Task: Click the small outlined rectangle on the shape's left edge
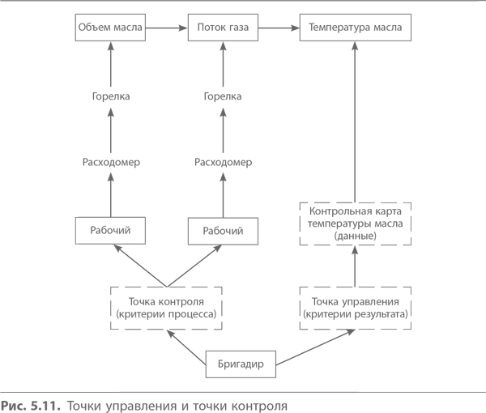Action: [x=76, y=230]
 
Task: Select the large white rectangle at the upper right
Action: [x=421, y=121]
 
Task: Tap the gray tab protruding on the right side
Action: [x=385, y=264]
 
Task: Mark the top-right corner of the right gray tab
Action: [x=411, y=202]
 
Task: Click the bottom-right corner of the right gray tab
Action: [x=411, y=328]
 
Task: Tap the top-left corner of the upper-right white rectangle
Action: [x=359, y=41]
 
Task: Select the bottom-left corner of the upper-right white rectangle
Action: [x=359, y=202]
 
